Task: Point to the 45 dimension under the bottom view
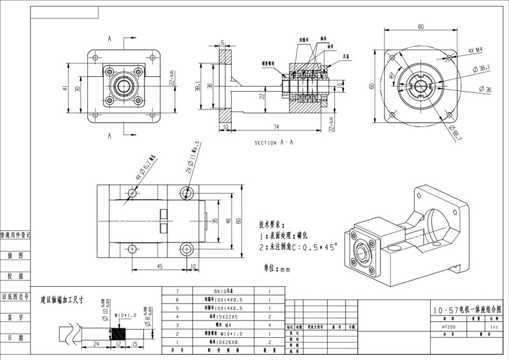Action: click(x=156, y=267)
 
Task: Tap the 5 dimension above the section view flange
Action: click(x=223, y=43)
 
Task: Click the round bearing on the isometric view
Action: click(x=363, y=254)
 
